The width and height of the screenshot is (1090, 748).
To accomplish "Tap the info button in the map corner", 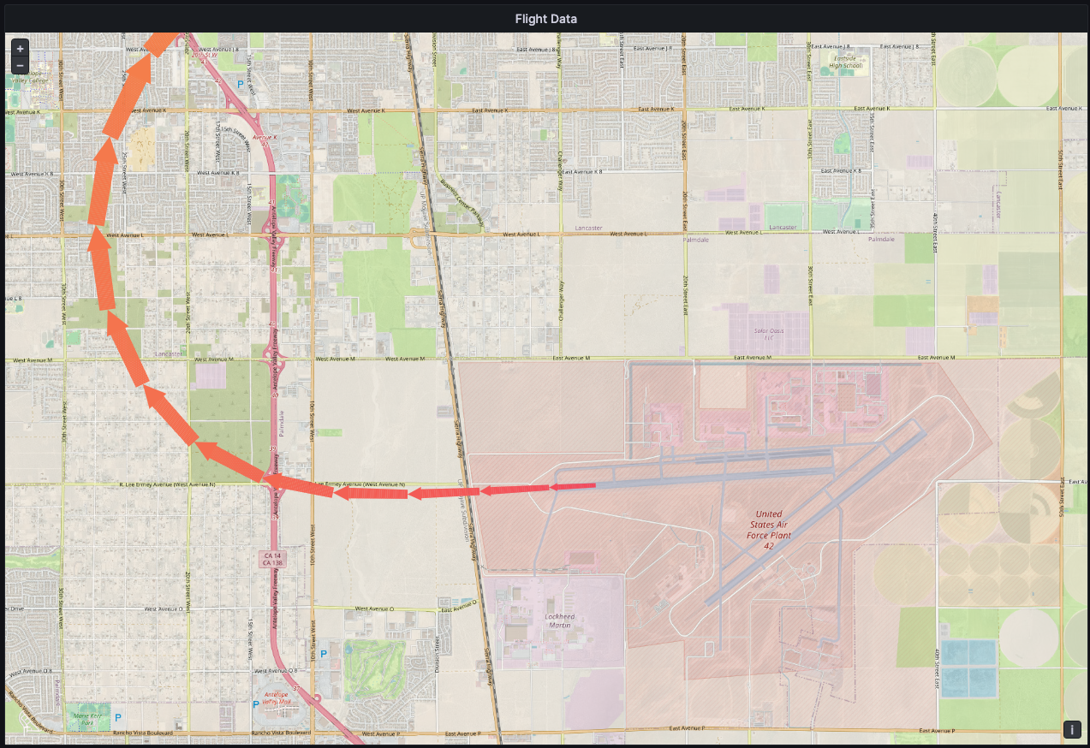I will coord(1072,729).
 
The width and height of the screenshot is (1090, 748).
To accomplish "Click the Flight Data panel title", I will coord(545,19).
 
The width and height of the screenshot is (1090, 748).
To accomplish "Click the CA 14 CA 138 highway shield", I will coord(272,559).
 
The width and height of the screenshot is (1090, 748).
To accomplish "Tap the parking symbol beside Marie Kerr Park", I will coord(118,717).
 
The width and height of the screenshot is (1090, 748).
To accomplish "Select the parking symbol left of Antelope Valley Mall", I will coord(255,704).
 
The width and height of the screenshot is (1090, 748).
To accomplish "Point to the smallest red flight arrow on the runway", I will coord(572,487).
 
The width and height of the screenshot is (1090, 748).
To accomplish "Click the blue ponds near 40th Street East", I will coord(968,667).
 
